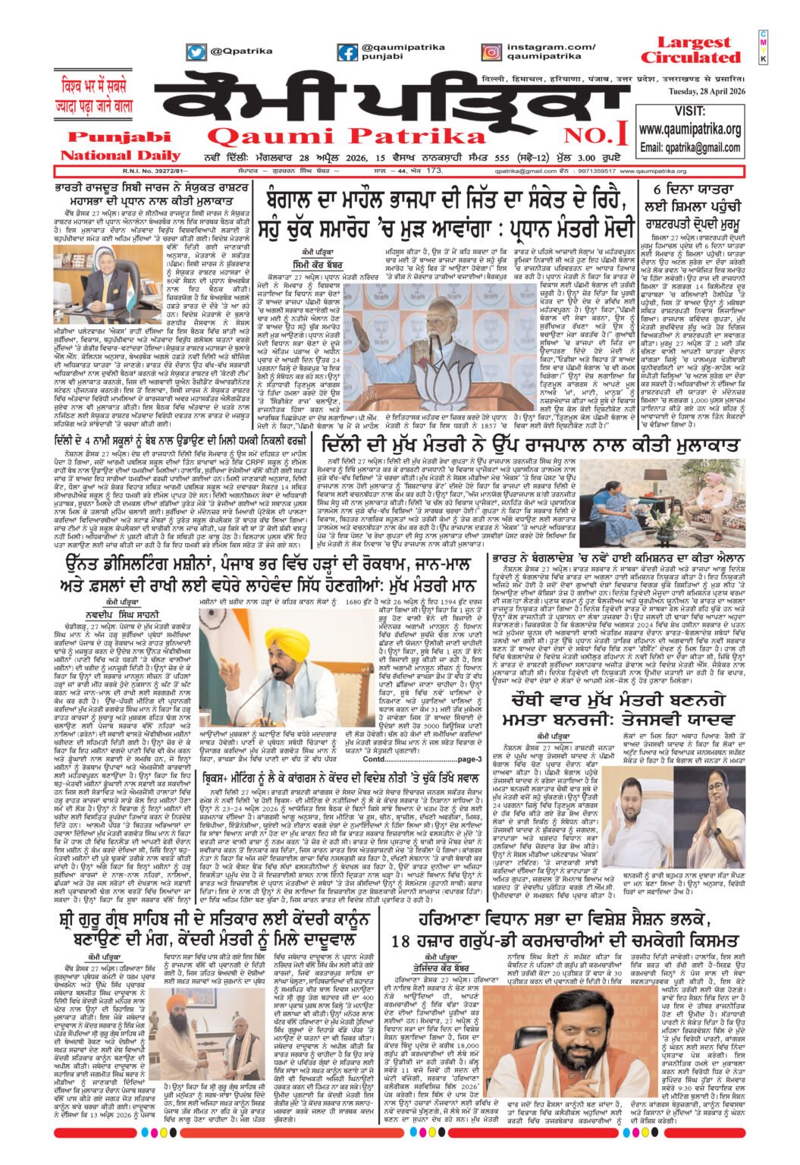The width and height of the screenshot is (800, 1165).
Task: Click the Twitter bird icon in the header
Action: (196, 52)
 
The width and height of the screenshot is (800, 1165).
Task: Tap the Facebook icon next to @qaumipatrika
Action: (347, 52)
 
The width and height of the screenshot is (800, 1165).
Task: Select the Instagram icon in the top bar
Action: (491, 52)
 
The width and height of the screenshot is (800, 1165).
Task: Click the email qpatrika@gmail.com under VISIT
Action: (689, 147)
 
